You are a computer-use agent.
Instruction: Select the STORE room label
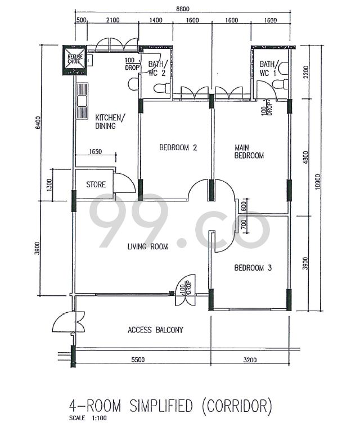pyautogui.click(x=96, y=184)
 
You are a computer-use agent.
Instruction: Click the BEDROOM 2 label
pyautogui.click(x=178, y=148)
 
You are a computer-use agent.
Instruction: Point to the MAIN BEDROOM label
pyautogui.click(x=249, y=151)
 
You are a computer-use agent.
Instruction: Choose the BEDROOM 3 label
pyautogui.click(x=253, y=268)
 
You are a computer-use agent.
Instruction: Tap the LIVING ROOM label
pyautogui.click(x=147, y=246)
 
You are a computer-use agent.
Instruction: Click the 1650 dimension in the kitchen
pyautogui.click(x=96, y=151)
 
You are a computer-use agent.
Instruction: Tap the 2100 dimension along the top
pyautogui.click(x=112, y=21)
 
